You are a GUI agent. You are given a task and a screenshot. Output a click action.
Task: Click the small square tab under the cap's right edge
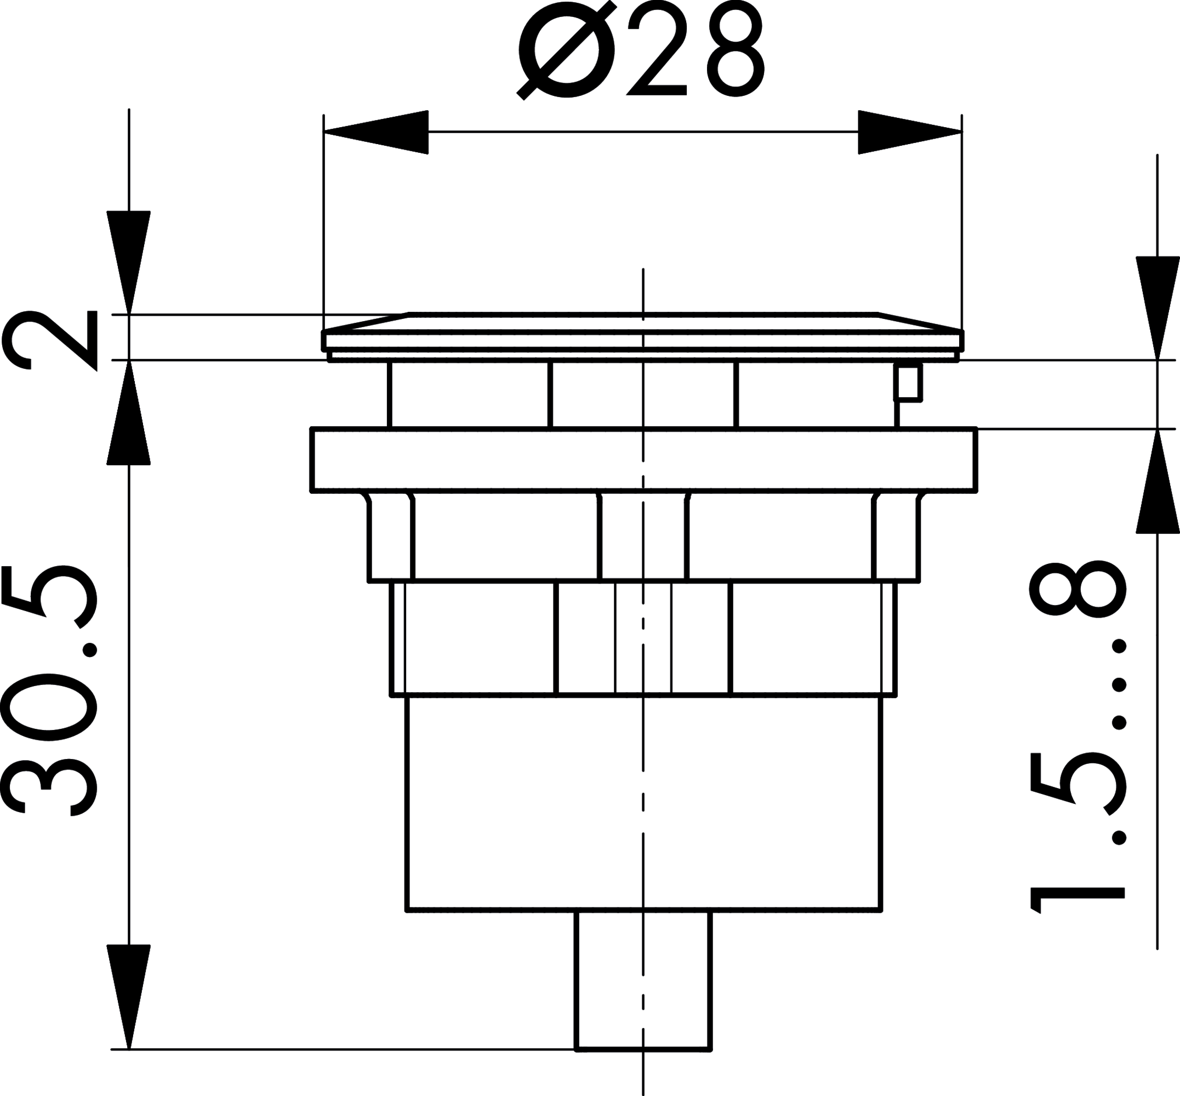[x=908, y=383]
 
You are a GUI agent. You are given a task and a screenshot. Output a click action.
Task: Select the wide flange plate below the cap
[x=643, y=460]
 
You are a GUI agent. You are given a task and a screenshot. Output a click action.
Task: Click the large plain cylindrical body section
[x=643, y=813]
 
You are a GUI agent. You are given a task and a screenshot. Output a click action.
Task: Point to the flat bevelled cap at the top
[x=643, y=332]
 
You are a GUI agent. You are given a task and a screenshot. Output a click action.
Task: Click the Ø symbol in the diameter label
[x=567, y=50]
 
